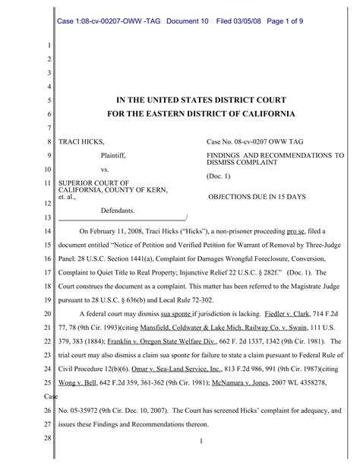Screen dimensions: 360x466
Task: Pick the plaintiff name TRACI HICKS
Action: [x=81, y=142]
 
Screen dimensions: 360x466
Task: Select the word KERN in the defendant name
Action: [x=155, y=190]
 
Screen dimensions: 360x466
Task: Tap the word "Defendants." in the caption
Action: [x=118, y=210]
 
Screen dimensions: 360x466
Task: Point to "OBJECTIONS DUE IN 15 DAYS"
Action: [x=257, y=196]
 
